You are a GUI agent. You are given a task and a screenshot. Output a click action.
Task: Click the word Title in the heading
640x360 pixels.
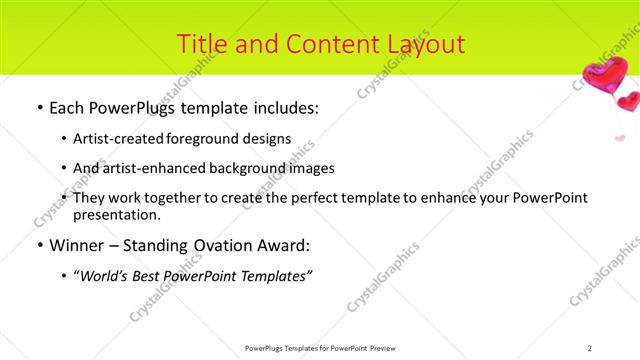tap(200, 44)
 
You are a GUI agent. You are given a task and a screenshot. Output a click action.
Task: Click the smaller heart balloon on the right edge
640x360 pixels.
tap(628, 101)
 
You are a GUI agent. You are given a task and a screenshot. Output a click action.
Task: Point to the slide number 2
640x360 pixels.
tap(590, 347)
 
